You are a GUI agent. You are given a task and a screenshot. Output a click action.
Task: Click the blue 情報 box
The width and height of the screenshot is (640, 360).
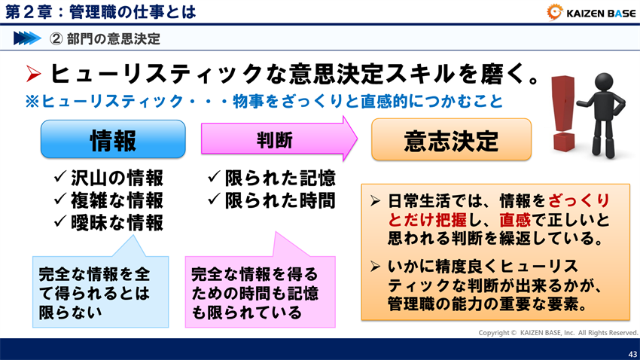(x=113, y=139)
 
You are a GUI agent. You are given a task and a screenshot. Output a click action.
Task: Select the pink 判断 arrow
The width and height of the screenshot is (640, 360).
(x=279, y=139)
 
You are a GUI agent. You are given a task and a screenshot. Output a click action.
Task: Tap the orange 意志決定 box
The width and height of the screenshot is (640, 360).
(x=451, y=139)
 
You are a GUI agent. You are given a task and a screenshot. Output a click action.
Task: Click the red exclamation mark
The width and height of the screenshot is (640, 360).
(x=563, y=113)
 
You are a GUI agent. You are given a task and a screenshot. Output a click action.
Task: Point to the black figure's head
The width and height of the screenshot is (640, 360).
(x=604, y=81)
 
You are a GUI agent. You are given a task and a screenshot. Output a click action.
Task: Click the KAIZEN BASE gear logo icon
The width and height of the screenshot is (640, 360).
(x=554, y=12)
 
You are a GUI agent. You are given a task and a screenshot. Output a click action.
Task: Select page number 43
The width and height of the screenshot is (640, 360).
(x=632, y=354)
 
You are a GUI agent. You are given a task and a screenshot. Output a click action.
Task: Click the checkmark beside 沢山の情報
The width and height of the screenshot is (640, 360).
(x=60, y=177)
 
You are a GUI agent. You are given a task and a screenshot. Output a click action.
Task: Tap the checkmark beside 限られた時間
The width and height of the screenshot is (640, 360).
(x=214, y=199)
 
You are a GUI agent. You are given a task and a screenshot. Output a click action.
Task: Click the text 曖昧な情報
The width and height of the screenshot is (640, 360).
(x=117, y=222)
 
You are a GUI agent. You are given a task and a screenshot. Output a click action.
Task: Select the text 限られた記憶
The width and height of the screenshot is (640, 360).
(x=280, y=178)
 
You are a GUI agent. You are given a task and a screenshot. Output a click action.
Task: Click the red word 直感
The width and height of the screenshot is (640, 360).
(x=515, y=221)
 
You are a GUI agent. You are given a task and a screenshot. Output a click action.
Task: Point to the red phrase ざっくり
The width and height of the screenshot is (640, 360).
(x=578, y=201)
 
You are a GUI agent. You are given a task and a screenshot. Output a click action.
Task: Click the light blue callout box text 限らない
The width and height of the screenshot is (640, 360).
(x=70, y=313)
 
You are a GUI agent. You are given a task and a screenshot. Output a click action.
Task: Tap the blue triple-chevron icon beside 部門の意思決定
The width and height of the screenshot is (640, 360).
(x=27, y=38)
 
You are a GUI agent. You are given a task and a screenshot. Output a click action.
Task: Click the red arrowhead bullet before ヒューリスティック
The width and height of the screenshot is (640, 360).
(x=33, y=74)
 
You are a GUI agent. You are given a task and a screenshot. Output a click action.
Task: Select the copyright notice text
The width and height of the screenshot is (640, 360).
(x=558, y=333)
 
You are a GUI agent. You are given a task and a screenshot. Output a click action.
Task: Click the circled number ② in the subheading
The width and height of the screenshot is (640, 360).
(x=56, y=38)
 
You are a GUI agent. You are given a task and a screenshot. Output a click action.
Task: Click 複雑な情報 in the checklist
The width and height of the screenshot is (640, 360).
(x=117, y=200)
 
